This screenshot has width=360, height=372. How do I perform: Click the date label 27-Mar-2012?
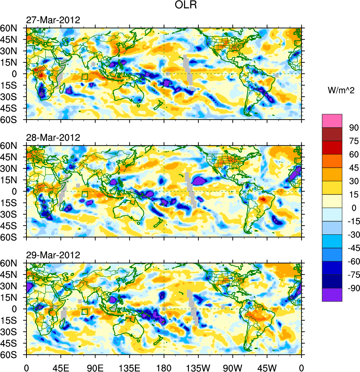(x=53, y=20)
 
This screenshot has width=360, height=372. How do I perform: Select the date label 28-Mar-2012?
(x=53, y=138)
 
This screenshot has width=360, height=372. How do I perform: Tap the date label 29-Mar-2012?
(x=53, y=255)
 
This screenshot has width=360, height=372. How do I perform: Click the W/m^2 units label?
(x=341, y=90)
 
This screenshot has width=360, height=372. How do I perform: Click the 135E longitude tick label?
(x=129, y=367)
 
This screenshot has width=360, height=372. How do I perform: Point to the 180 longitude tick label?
(x=164, y=367)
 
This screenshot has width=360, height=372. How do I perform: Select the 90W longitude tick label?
(x=233, y=367)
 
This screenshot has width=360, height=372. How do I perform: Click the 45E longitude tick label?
(x=61, y=367)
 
